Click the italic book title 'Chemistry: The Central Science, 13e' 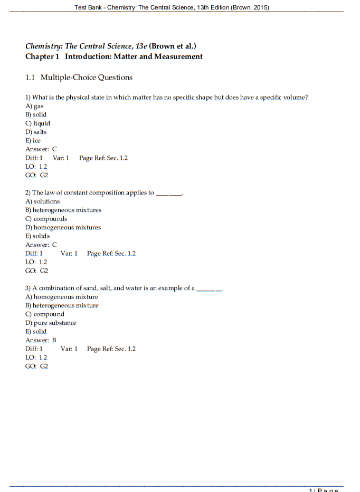pyautogui.click(x=86, y=46)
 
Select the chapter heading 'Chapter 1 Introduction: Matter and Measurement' pyautogui.click(x=114, y=56)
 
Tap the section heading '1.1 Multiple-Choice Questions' pyautogui.click(x=79, y=78)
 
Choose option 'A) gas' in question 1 pyautogui.click(x=34, y=106)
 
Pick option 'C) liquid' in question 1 pyautogui.click(x=37, y=123)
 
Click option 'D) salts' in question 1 pyautogui.click(x=36, y=132)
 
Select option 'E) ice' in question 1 pyautogui.click(x=33, y=141)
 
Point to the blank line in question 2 pyautogui.click(x=168, y=193)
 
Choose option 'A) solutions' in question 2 pyautogui.click(x=43, y=201)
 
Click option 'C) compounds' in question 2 pyautogui.click(x=46, y=219)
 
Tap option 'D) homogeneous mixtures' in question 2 pyautogui.click(x=63, y=227)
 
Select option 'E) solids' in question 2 pyautogui.click(x=38, y=236)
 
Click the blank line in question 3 pyautogui.click(x=209, y=288)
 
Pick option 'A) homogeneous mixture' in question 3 pyautogui.click(x=62, y=297)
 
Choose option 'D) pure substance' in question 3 pyautogui.click(x=51, y=323)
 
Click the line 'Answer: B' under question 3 pyautogui.click(x=41, y=340)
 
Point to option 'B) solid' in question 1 pyautogui.click(x=36, y=114)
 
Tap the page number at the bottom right pyautogui.click(x=323, y=490)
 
